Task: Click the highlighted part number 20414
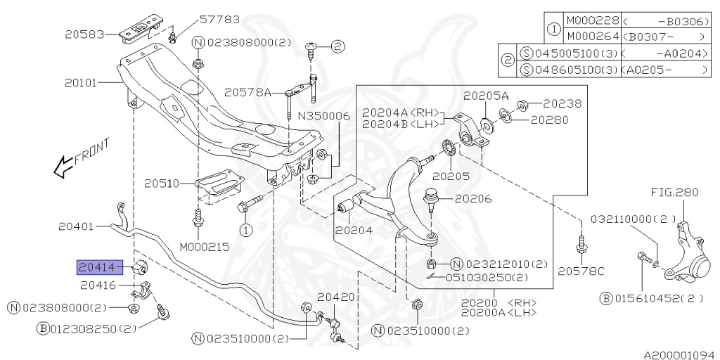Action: [x=97, y=266]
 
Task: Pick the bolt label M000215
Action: [x=204, y=247]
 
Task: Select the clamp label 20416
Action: [x=98, y=285]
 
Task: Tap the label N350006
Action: [x=323, y=116]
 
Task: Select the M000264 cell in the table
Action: [x=591, y=36]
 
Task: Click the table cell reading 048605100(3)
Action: [x=570, y=70]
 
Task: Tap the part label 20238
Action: [x=562, y=103]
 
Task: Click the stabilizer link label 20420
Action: [x=337, y=297]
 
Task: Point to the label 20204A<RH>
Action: [x=401, y=112]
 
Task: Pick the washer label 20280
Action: [x=550, y=120]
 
